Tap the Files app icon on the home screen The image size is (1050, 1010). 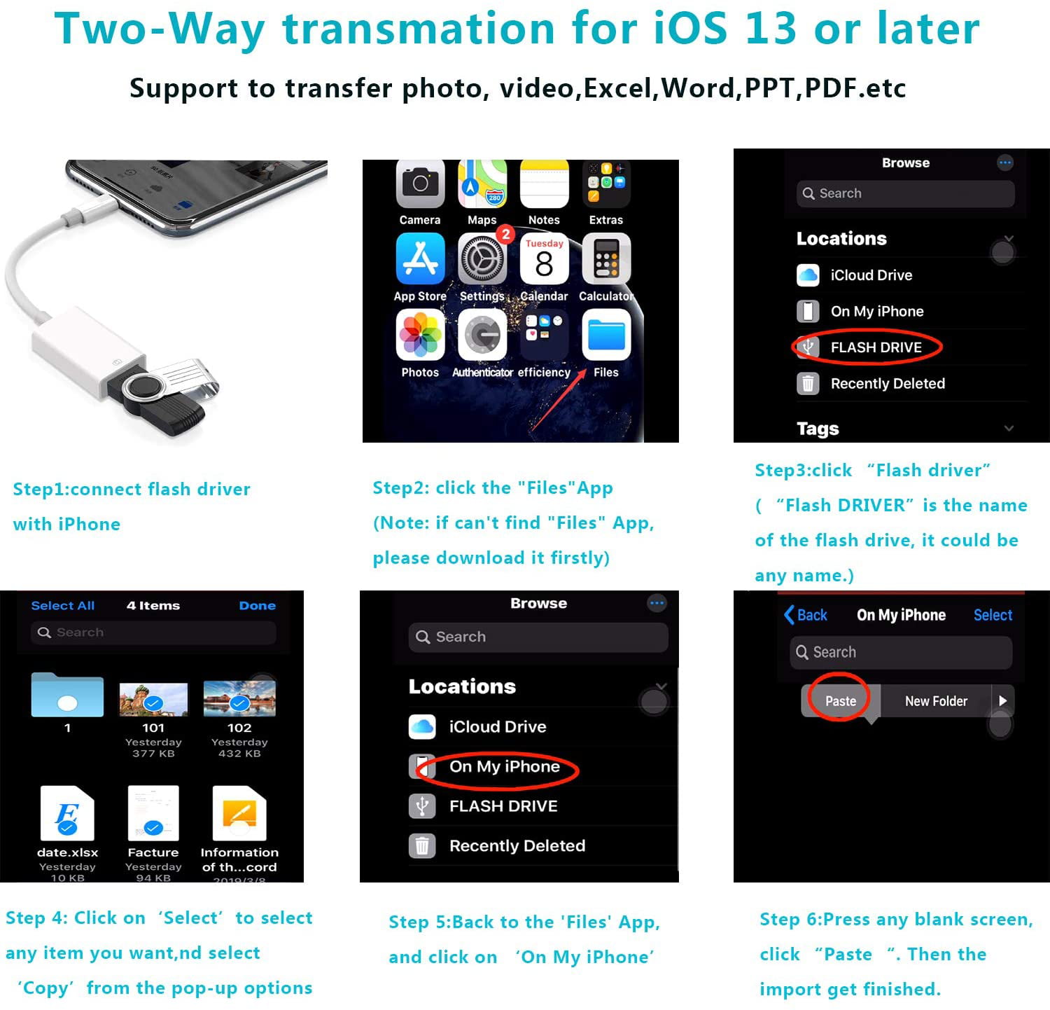(x=605, y=335)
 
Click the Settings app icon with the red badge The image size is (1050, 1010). (x=482, y=259)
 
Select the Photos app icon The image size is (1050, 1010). (x=420, y=335)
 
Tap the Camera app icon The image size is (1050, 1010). (x=420, y=184)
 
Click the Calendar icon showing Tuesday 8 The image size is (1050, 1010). (x=544, y=259)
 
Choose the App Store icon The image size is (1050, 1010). (x=420, y=259)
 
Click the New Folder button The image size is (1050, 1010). (x=935, y=701)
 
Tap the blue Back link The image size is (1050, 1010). (x=806, y=615)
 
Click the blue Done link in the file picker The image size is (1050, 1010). (x=257, y=606)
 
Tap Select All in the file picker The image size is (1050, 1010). (x=62, y=606)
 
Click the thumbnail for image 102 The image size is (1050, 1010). (x=239, y=699)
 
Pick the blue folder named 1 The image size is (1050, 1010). (x=67, y=696)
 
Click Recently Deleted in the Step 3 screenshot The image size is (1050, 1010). (x=887, y=384)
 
